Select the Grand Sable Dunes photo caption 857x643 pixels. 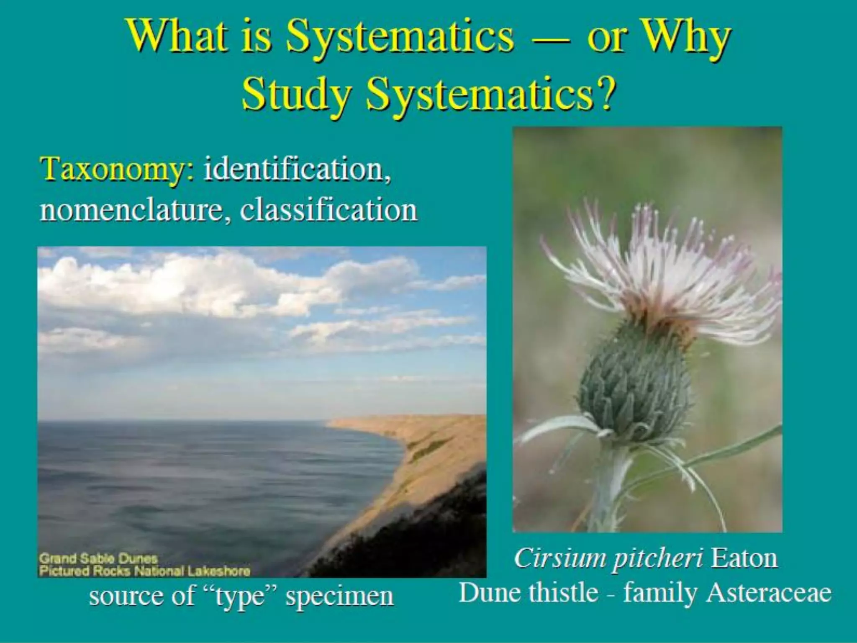[x=98, y=558]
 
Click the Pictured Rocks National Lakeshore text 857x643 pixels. [x=144, y=571]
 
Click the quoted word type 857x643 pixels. [x=240, y=597]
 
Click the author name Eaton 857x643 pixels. [x=744, y=558]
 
